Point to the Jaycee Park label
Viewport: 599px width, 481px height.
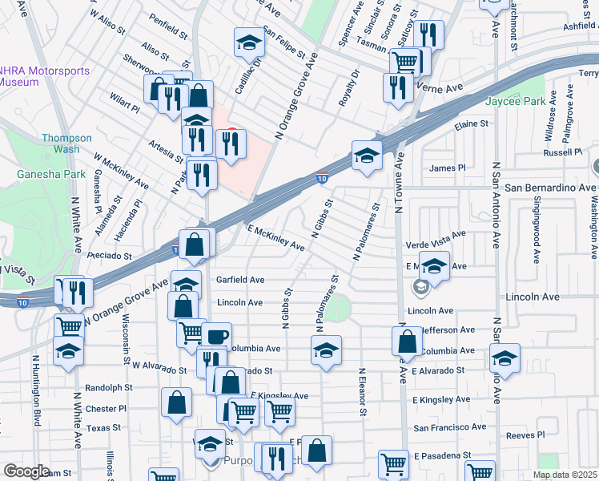pos(515,101)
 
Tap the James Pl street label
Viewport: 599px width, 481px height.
pos(447,168)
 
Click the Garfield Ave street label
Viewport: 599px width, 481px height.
pos(240,280)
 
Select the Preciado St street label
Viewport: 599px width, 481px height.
pos(111,256)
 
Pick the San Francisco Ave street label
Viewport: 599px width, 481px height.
pos(449,427)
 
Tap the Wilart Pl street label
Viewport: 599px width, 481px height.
pos(125,105)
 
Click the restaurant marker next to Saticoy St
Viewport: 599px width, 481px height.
pos(429,34)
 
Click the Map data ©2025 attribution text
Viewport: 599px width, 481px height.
pos(565,475)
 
